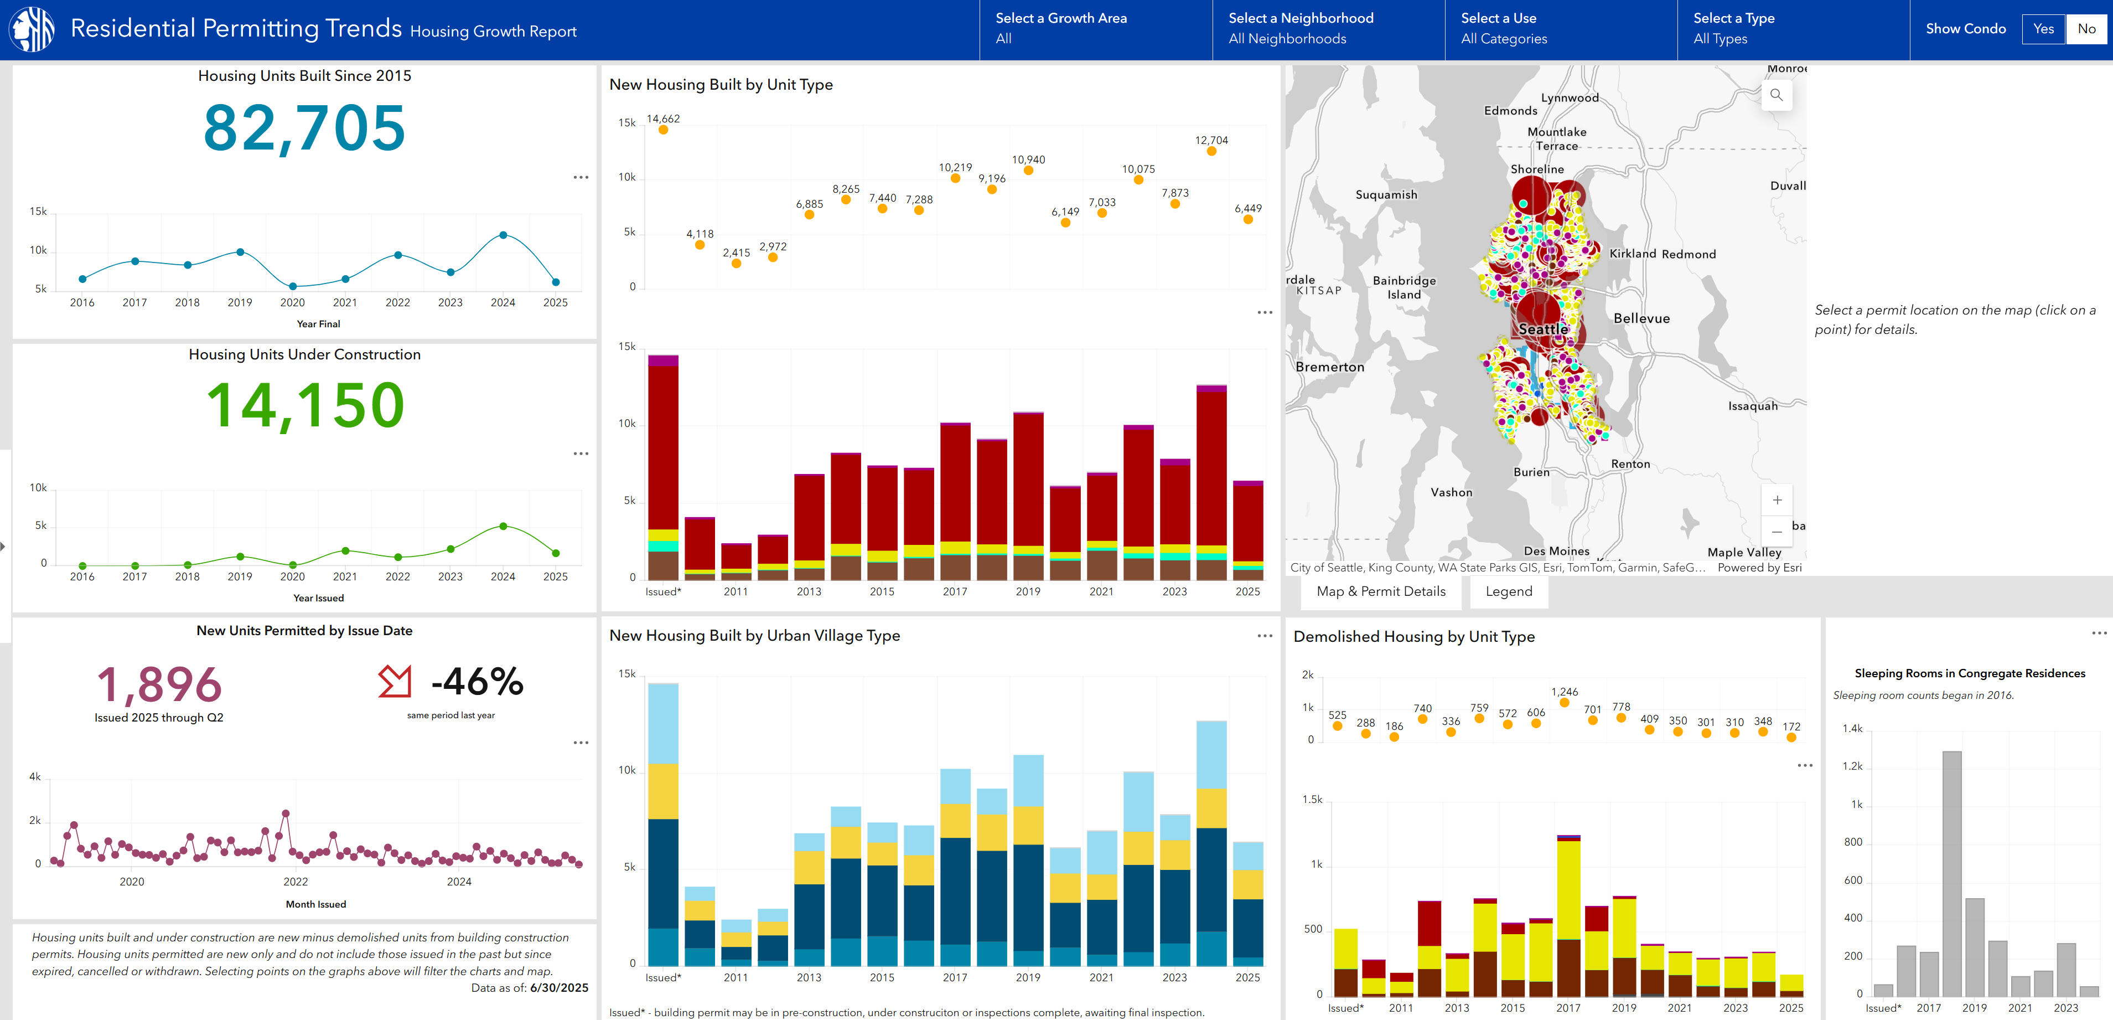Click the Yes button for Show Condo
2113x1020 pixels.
click(2043, 29)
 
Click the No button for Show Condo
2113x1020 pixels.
click(2086, 29)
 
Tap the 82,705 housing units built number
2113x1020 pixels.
click(304, 128)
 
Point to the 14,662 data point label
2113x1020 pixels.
click(663, 119)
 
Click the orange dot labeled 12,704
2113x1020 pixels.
click(1211, 151)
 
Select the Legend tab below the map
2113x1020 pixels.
click(1509, 591)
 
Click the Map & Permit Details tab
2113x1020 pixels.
click(1380, 591)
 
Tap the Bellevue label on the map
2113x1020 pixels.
click(1641, 318)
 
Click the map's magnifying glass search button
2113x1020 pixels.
click(1776, 95)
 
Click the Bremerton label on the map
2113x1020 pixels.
click(1330, 367)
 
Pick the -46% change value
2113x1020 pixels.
click(478, 681)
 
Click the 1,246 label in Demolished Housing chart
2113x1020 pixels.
click(1564, 692)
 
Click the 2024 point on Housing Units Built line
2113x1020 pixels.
click(503, 235)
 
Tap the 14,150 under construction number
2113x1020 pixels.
click(304, 405)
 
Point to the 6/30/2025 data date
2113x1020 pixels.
click(558, 988)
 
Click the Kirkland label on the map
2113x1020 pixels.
click(1632, 254)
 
